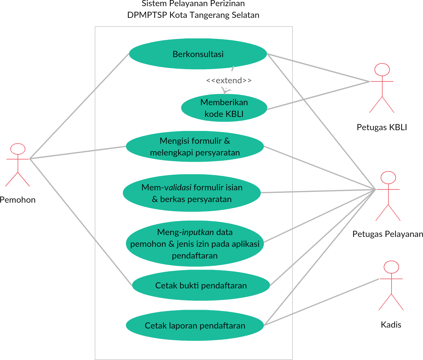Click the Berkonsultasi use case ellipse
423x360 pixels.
pos(198,54)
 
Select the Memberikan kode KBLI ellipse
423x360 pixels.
pos(224,108)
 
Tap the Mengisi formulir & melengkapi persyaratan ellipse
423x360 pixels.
pos(195,147)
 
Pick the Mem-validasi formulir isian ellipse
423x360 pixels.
pos(192,193)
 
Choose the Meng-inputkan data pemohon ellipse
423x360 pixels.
pos(195,244)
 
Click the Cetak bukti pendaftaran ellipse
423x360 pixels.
pos(201,285)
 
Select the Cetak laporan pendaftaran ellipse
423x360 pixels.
pos(195,325)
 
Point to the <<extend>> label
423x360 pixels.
pos(229,81)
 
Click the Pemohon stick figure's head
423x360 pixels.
pos(18,149)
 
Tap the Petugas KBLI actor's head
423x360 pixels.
pos(382,69)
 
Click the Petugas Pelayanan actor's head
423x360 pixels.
pos(388,177)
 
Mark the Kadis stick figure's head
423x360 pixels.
pos(391,267)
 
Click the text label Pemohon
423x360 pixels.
pos(18,200)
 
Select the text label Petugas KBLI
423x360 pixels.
pos(382,127)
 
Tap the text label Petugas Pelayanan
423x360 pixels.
pos(388,234)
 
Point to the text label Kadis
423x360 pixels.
pos(391,325)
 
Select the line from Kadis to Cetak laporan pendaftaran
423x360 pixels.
pos(321,302)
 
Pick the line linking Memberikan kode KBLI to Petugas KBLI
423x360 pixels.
pos(318,95)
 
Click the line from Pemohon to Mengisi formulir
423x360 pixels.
pos(77,153)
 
